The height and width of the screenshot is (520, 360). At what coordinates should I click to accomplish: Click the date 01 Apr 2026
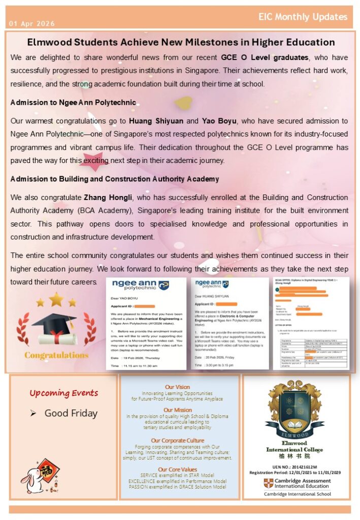click(31, 24)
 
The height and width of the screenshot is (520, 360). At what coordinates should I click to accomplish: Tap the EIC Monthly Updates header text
click(303, 17)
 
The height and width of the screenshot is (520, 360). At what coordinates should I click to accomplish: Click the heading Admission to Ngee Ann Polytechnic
click(73, 103)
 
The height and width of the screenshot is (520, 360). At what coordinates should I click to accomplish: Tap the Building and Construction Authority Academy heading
click(114, 179)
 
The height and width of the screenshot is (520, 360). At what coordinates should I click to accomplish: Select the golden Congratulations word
click(56, 355)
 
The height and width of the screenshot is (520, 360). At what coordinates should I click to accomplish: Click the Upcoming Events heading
click(63, 393)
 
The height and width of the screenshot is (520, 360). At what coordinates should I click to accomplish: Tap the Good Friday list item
click(71, 413)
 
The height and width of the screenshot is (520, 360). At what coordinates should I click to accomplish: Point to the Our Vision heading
click(178, 387)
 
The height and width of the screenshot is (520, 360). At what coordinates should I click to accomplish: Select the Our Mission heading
click(178, 410)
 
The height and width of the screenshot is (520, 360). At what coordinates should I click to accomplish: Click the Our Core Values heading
click(178, 469)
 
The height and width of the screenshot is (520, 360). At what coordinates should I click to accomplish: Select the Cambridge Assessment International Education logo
click(297, 483)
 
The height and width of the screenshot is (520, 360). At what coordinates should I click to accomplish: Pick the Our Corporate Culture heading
click(178, 440)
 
